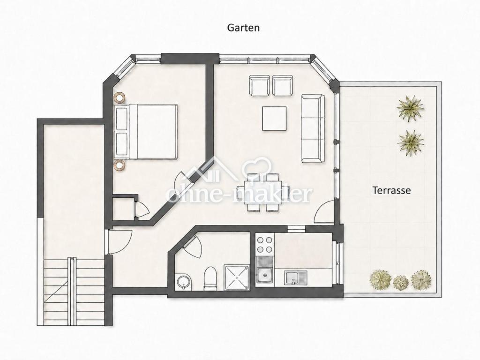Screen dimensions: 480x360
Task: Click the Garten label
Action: (243, 28)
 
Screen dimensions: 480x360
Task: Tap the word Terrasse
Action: (391, 190)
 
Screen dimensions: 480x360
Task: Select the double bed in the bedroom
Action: (146, 131)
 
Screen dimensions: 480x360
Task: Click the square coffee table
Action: (274, 119)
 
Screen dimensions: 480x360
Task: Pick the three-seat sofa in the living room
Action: (313, 128)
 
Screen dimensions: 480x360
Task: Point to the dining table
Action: (263, 192)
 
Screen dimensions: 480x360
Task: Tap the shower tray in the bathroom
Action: (237, 277)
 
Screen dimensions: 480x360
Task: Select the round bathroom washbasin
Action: (184, 281)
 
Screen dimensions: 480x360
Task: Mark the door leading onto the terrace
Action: (325, 211)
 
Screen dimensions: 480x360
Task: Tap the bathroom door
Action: (193, 247)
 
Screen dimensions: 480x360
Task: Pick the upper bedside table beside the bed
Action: (120, 98)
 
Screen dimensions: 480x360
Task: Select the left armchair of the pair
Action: (260, 85)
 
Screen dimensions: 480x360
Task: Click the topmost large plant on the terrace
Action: (410, 108)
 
